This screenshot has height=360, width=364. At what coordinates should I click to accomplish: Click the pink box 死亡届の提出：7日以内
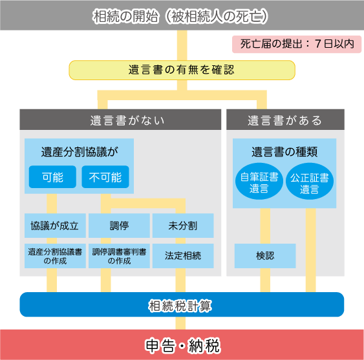coord(297,44)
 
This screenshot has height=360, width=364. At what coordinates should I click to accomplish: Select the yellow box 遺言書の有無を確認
coord(182,70)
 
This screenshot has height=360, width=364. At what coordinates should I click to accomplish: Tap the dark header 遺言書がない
coord(120,120)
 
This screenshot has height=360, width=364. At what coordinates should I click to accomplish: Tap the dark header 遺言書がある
coord(285,120)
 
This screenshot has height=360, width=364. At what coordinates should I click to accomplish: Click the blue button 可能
coord(52,177)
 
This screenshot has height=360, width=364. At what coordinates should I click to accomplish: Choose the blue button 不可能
coord(105,177)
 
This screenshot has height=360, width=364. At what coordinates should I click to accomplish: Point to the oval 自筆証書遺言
coord(259,181)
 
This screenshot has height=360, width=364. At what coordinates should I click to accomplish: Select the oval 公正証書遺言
coord(310,181)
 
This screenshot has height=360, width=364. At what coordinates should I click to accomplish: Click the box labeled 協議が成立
coord(55,226)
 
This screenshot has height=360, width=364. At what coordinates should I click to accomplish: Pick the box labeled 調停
coord(119,226)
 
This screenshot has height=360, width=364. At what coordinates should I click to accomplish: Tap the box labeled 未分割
coord(183,226)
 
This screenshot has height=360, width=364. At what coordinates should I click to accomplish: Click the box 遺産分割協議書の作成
coord(55,256)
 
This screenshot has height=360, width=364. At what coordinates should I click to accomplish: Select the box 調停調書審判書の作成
coord(119,256)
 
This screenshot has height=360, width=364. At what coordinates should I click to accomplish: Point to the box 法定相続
coord(183,256)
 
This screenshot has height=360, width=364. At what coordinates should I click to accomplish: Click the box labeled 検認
coord(265,256)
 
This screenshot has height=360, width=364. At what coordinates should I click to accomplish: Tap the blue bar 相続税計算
coord(182,304)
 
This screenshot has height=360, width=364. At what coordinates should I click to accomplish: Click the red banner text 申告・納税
coord(182,346)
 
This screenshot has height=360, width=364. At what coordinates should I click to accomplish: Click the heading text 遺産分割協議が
coord(80,152)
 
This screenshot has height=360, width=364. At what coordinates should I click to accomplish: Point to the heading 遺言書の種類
coord(284,152)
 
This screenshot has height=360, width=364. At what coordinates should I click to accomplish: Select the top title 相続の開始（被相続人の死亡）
coord(180,16)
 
